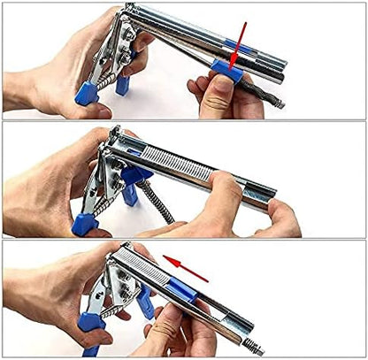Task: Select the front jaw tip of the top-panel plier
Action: coord(130,9)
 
